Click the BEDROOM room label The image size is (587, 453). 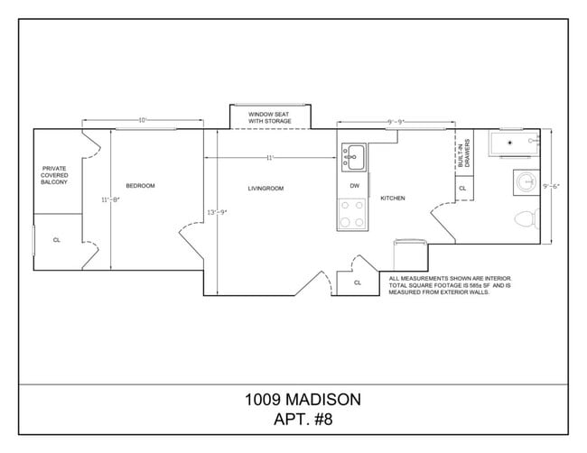140,186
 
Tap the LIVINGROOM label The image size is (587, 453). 266,189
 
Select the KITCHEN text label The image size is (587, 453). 393,198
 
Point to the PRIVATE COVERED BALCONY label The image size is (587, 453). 54,175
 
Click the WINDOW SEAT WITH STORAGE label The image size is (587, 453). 268,117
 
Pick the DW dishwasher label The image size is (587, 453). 355,186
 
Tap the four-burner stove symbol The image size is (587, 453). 352,214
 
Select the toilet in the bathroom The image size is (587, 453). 526,217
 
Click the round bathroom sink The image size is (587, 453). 526,182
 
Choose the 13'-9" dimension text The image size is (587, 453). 217,212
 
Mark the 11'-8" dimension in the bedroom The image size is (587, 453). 110,199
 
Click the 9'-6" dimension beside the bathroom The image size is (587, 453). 551,186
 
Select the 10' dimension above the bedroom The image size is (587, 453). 142,120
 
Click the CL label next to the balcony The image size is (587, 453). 56,240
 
